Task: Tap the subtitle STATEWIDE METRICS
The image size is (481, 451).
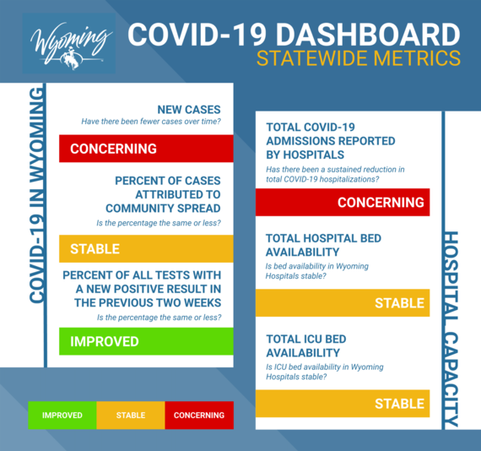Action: tap(359, 60)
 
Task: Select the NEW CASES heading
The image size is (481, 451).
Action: tap(189, 110)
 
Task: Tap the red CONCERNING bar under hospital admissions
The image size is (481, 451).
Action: tap(342, 202)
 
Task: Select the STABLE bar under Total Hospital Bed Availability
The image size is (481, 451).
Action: tap(342, 302)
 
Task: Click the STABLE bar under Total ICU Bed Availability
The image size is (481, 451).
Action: tap(342, 404)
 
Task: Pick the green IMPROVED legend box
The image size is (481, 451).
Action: tap(62, 416)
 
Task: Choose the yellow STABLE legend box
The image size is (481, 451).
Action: tap(131, 416)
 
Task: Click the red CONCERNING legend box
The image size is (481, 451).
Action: tap(199, 416)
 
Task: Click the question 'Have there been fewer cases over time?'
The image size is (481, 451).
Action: tap(151, 122)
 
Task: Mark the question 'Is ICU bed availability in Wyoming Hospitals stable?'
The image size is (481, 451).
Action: tap(324, 372)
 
